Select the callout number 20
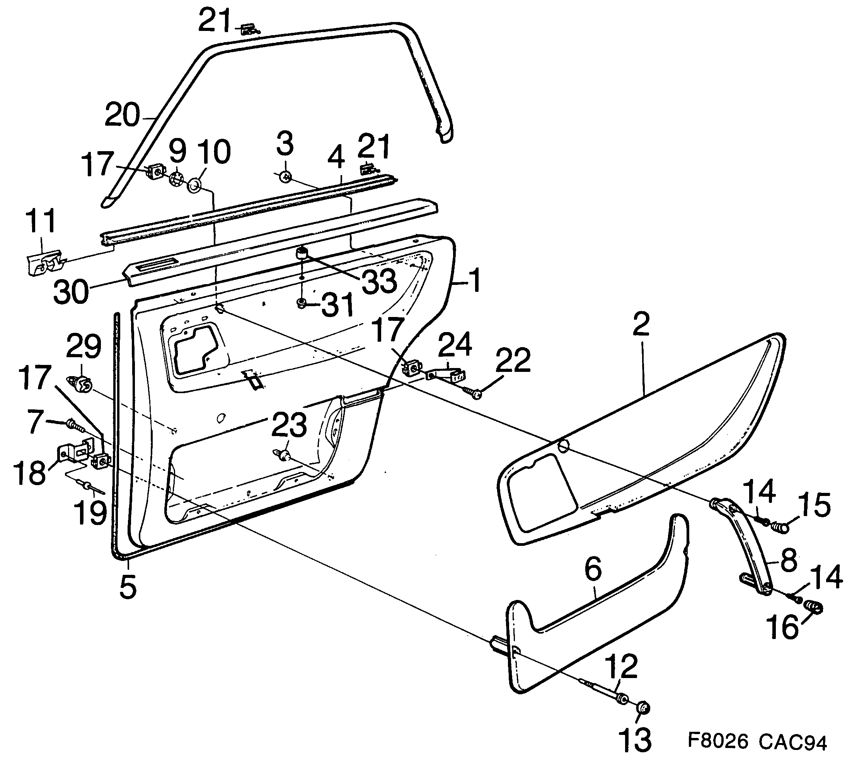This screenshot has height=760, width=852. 121,115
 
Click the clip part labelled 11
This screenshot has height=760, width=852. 45,262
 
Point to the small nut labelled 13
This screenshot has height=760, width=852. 643,709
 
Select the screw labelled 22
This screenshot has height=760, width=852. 472,391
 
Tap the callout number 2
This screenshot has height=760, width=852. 641,324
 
